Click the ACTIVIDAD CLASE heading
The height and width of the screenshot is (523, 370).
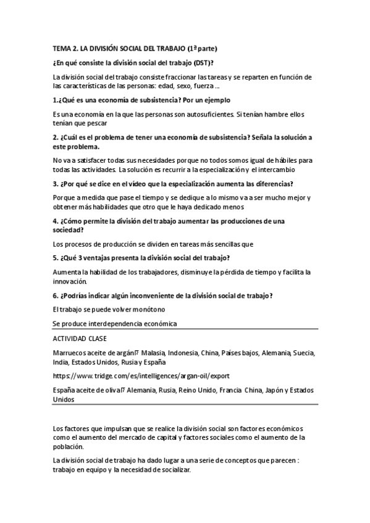point(80,338)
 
